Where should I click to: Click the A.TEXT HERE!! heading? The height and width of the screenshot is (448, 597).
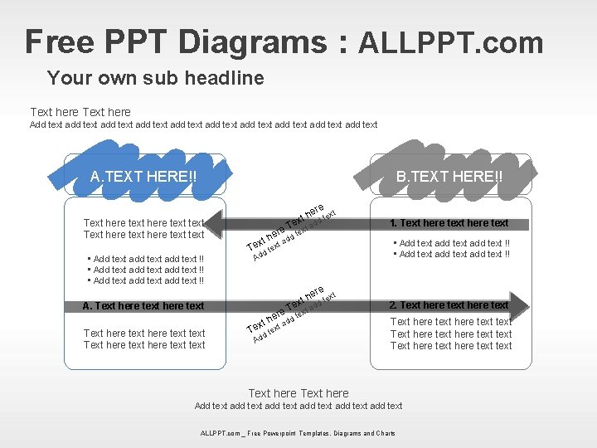143,177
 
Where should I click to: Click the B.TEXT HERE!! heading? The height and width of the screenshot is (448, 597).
449,177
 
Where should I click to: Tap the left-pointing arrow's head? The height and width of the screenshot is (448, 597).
212,223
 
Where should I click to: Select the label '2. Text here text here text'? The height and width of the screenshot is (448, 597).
449,305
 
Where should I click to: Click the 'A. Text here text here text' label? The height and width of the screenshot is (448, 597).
143,306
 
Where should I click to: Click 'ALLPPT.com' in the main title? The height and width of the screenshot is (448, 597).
450,42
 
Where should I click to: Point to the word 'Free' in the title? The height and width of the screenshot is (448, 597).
60,42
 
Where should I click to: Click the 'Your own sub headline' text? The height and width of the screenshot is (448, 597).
156,79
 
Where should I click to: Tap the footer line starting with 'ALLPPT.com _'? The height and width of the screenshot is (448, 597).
298,433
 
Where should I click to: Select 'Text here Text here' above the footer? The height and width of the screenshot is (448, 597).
298,393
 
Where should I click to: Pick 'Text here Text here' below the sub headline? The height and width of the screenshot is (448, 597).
80,112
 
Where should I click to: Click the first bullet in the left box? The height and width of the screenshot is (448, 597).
145,259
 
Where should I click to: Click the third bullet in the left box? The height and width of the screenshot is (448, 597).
145,280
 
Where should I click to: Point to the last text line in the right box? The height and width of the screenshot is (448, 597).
451,346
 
